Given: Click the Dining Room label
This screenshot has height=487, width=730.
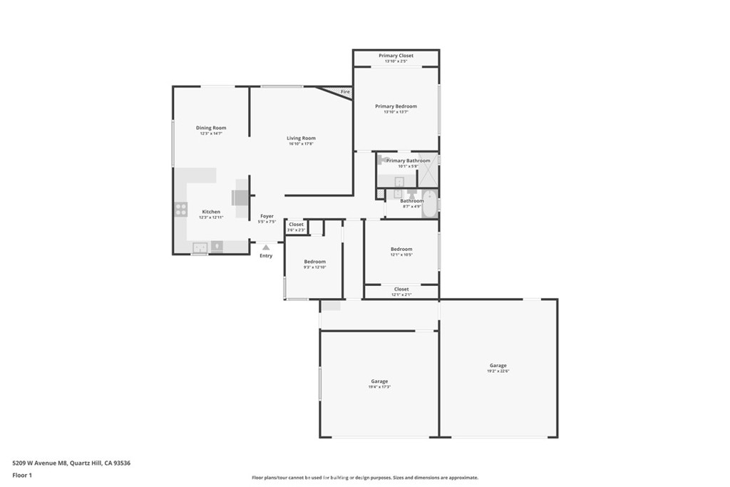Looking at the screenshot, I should click(x=211, y=128).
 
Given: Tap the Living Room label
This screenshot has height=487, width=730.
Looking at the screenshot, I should click(x=301, y=138).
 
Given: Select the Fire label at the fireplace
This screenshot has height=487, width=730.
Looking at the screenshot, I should click(x=345, y=92).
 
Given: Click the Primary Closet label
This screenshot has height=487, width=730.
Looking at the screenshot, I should click(x=396, y=56).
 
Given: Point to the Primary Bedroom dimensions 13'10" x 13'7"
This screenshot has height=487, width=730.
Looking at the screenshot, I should click(x=396, y=112).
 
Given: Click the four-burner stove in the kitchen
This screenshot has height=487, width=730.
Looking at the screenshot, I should click(x=181, y=210).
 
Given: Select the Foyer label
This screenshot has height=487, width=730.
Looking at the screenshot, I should click(x=267, y=216).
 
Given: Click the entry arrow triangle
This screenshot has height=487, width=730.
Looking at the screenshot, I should click(x=266, y=247).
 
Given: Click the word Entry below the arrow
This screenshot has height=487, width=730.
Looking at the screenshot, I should click(x=266, y=255).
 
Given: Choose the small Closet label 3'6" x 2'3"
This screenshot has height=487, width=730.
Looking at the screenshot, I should click(x=296, y=230).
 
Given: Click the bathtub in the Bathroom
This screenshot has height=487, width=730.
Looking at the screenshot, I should click(x=430, y=204).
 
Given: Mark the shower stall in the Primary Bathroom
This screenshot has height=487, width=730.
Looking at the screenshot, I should click(x=428, y=170).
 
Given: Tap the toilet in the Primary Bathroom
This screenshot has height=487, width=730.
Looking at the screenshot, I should click(x=383, y=160).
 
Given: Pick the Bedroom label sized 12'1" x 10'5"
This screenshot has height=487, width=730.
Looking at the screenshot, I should click(x=401, y=249).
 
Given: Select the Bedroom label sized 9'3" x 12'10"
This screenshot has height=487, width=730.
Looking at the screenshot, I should click(x=314, y=262).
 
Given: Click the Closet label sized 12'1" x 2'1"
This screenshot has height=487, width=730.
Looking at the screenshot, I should click(x=401, y=289).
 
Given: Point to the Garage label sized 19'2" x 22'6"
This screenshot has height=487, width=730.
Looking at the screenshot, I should click(x=498, y=365).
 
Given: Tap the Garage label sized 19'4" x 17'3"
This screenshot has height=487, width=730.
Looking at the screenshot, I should click(x=379, y=381).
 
